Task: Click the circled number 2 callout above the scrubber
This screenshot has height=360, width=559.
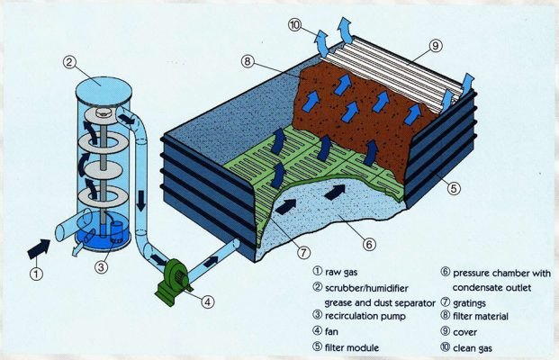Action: point(68,62)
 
